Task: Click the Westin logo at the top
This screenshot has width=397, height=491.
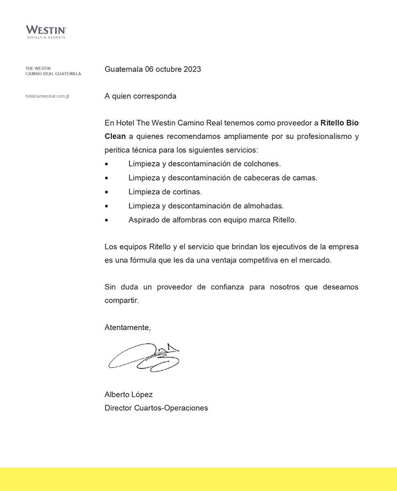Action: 46,31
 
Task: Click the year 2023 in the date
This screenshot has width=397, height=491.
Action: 192,69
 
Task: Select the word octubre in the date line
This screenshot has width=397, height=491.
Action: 168,69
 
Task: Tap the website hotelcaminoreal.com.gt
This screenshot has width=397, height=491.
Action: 47,96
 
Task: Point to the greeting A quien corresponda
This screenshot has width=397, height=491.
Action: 140,96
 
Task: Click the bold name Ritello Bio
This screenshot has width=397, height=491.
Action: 339,122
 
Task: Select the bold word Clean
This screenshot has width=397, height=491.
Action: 115,136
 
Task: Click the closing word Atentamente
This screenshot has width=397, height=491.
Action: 127,327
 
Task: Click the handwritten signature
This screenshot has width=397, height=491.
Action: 144,358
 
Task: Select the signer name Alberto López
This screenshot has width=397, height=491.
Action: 128,394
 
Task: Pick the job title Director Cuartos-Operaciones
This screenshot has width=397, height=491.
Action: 156,408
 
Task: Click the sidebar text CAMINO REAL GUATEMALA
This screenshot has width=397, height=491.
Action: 53,74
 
